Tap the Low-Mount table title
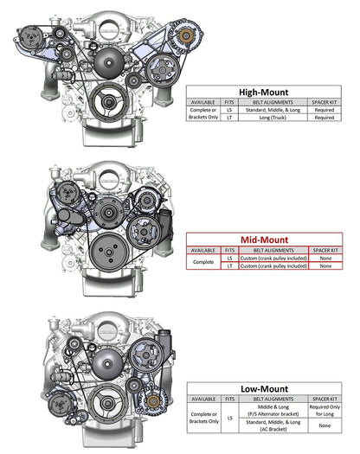269,389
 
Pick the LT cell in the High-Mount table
229,118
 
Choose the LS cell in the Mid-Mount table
229,258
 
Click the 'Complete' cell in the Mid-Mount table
204,262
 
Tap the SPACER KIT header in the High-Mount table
325,101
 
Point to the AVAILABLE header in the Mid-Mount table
204,250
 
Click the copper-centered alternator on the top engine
183,37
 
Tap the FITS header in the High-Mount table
229,101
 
